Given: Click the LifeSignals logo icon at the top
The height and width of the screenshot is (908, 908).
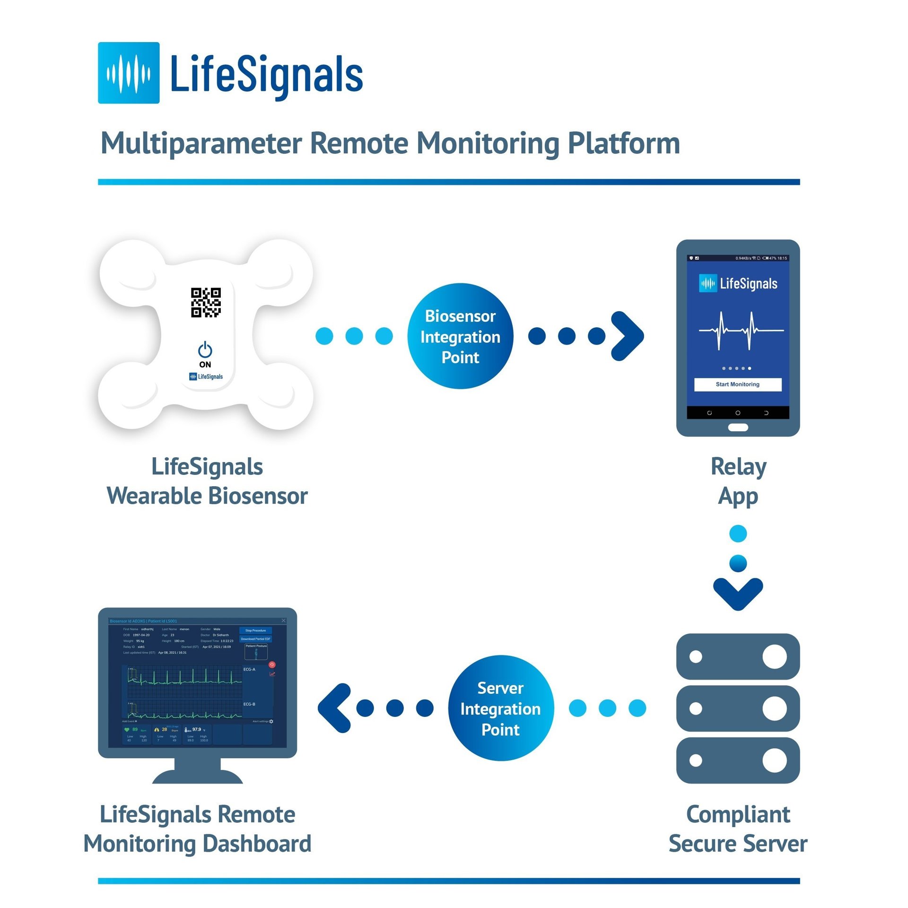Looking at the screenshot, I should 129,73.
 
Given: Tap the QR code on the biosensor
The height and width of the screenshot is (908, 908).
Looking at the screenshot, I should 206,302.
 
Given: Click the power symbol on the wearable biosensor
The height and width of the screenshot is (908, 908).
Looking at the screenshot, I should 205,350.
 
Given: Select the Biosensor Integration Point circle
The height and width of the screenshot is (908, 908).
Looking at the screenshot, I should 460,336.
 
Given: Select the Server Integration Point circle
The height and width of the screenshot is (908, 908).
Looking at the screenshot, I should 500,708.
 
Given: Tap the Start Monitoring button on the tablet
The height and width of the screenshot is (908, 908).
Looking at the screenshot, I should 737,384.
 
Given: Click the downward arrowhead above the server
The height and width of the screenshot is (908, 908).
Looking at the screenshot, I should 738,594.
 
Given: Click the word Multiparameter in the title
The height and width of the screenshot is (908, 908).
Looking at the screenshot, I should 201,143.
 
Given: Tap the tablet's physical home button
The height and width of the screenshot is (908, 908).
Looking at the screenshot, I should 738,428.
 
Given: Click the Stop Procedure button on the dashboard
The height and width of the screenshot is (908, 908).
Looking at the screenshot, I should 255,630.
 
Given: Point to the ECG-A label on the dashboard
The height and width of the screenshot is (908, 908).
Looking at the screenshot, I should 249,669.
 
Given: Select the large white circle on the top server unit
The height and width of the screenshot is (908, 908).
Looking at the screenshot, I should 775,656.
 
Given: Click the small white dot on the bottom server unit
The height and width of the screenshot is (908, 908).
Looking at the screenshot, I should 696,760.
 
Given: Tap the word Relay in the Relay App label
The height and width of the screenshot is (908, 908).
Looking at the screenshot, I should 738,467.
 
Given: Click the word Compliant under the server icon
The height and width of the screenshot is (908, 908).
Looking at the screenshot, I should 738,814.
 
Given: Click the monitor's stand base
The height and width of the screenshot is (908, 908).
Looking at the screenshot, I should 198,776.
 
